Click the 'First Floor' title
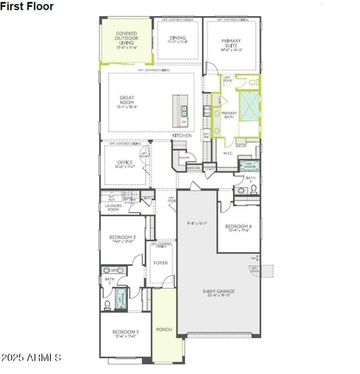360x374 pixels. (x=27, y=6)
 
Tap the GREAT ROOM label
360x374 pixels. (x=127, y=100)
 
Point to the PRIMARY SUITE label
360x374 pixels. (x=231, y=43)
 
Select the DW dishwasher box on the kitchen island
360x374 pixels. (x=184, y=122)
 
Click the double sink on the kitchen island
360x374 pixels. (x=184, y=111)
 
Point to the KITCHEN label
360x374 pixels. (x=182, y=135)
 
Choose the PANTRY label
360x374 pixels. (x=184, y=158)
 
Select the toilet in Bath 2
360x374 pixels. (x=108, y=305)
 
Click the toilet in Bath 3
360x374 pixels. (x=253, y=190)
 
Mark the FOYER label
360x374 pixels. (x=161, y=263)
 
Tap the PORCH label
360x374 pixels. (x=164, y=329)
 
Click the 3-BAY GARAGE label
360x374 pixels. (x=218, y=291)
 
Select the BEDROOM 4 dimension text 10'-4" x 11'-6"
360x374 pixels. (x=238, y=230)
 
